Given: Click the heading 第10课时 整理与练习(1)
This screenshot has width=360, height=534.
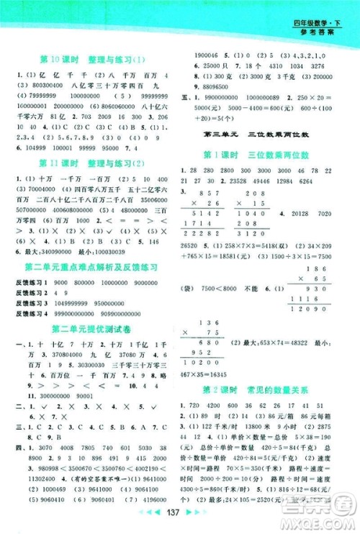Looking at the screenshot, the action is (x=92, y=60).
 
